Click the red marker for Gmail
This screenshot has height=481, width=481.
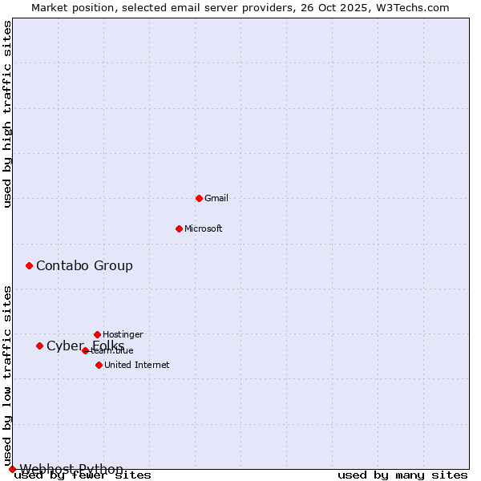click(199, 198)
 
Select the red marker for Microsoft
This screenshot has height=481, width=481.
click(179, 228)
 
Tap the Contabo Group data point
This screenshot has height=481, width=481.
click(29, 265)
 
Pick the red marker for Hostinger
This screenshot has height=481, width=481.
click(97, 334)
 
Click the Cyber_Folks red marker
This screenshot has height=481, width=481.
click(39, 346)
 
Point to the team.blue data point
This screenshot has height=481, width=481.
click(85, 350)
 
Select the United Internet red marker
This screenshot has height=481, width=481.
click(99, 365)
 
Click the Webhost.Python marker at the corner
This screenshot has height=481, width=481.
click(12, 469)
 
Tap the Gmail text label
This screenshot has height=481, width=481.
click(216, 198)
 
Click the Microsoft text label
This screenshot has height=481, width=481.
click(204, 228)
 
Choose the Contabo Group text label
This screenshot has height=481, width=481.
click(84, 265)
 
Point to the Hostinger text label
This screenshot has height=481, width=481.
click(123, 334)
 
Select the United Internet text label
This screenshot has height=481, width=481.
click(136, 365)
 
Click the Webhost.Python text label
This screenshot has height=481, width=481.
click(71, 469)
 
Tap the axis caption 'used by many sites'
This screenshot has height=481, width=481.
click(402, 475)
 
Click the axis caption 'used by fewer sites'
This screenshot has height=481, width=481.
click(83, 475)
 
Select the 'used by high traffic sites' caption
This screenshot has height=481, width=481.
click(7, 114)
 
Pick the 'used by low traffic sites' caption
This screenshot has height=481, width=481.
click(7, 377)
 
